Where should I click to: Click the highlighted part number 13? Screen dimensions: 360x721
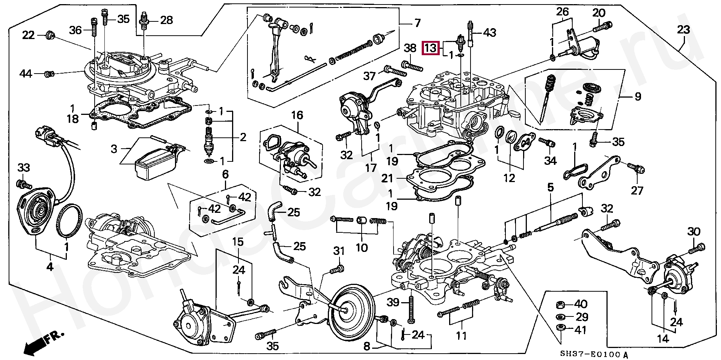pyautogui.click(x=431, y=48)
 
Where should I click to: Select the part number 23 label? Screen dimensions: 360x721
pyautogui.click(x=683, y=30)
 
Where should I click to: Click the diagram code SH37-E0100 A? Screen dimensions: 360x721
pyautogui.click(x=594, y=354)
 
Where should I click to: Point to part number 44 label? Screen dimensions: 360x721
pyautogui.click(x=26, y=74)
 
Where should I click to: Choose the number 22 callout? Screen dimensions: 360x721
pyautogui.click(x=29, y=35)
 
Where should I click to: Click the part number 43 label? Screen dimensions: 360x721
pyautogui.click(x=490, y=33)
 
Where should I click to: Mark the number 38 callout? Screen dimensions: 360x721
pyautogui.click(x=410, y=48)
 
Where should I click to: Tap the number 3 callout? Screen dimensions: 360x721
pyautogui.click(x=114, y=149)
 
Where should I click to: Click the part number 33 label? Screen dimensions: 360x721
pyautogui.click(x=24, y=168)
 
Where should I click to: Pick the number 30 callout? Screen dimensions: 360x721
pyautogui.click(x=694, y=232)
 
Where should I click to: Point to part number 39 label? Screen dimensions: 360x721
pyautogui.click(x=393, y=302)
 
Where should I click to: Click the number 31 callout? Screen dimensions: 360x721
pyautogui.click(x=339, y=251)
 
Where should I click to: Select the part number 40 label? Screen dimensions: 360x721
pyautogui.click(x=581, y=304)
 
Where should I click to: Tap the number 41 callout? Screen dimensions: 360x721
pyautogui.click(x=581, y=330)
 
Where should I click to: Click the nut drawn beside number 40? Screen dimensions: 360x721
pyautogui.click(x=560, y=304)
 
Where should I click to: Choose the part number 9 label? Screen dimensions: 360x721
pyautogui.click(x=638, y=97)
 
